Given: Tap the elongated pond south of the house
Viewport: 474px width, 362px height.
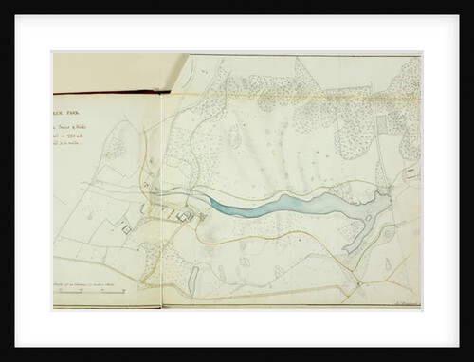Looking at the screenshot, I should click(x=193, y=277).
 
